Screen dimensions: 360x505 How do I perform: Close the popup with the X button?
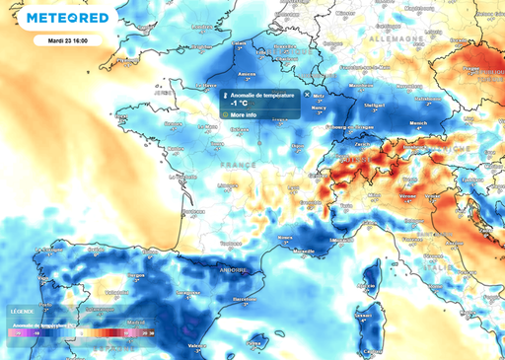point(307,94)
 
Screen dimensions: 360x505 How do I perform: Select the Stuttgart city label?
point(374,102)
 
